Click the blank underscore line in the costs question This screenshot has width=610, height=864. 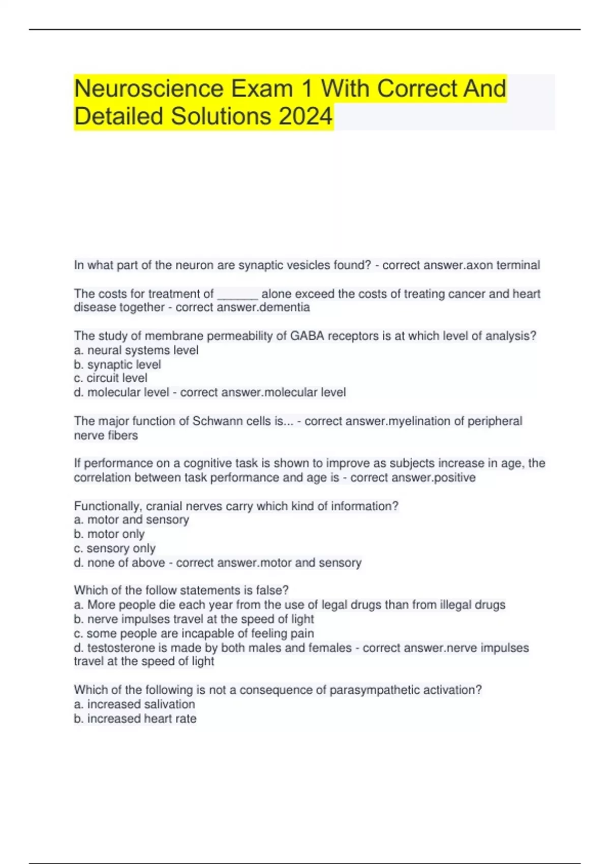pos(237,294)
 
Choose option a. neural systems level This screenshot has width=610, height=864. pos(136,350)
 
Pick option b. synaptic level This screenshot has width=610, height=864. pos(117,364)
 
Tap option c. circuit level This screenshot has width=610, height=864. pos(111,378)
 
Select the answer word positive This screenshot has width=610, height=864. pos(454,477)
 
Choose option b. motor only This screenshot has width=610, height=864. pos(109,534)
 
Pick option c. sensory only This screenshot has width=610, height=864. pos(115,548)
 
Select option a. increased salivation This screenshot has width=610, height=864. pos(135,704)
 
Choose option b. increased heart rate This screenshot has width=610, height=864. pos(135,718)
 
